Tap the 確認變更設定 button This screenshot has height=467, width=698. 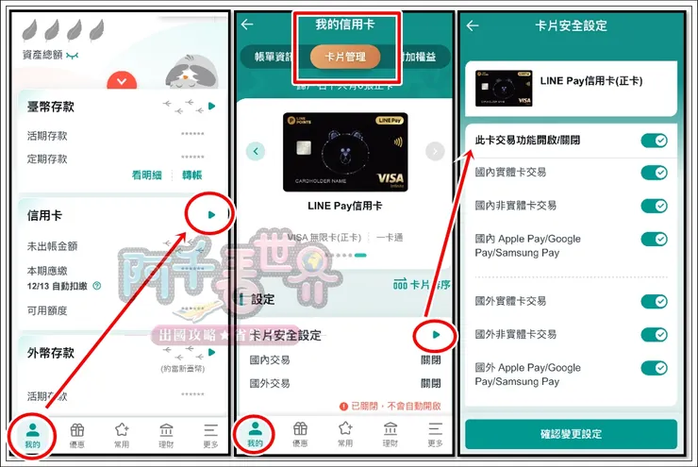click(x=571, y=434)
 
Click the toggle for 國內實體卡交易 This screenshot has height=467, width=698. click(x=654, y=173)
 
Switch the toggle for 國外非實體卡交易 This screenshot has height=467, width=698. click(x=654, y=335)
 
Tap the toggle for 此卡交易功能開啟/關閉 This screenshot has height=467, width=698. click(x=654, y=141)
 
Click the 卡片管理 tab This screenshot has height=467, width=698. click(x=345, y=57)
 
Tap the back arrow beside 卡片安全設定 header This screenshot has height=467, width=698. click(x=473, y=25)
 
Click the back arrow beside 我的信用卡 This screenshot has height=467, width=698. click(x=248, y=25)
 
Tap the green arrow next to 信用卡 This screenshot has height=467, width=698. click(x=211, y=216)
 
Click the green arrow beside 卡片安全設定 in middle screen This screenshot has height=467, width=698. click(x=435, y=335)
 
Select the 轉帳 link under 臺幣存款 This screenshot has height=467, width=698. click(x=191, y=175)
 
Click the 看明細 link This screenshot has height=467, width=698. click(x=148, y=175)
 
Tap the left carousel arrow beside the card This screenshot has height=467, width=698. click(x=256, y=151)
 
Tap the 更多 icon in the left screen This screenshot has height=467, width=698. click(x=210, y=434)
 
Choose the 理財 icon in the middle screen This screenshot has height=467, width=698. click(x=390, y=434)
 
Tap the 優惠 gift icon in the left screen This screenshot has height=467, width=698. click(x=77, y=434)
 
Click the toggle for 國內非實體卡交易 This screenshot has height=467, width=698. click(x=654, y=206)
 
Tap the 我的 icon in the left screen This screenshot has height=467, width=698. click(x=32, y=434)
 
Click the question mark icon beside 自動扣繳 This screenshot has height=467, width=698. click(x=96, y=286)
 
